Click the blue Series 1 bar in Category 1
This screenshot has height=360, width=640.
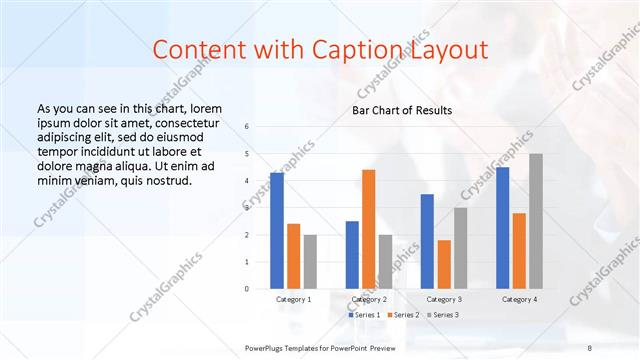coord(277,230)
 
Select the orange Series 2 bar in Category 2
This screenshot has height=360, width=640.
coord(368,229)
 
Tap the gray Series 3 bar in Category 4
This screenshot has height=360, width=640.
coord(536,221)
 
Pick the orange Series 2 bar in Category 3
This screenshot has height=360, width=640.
coord(443,264)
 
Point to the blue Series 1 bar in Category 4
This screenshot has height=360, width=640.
coord(502,228)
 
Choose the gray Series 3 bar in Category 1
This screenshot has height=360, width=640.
coord(310,261)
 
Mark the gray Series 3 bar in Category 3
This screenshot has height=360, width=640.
coord(460,248)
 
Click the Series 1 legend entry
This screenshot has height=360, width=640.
coord(364,315)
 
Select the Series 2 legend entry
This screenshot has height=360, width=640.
coord(402,315)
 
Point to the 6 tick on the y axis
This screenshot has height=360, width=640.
coord(247,127)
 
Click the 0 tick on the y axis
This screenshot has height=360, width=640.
coord(247,288)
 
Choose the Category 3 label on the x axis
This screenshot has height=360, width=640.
coord(444,299)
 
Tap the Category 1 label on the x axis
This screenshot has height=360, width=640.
coord(294,299)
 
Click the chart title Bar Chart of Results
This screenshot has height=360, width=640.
coord(402,110)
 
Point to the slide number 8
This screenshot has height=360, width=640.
coord(589,347)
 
